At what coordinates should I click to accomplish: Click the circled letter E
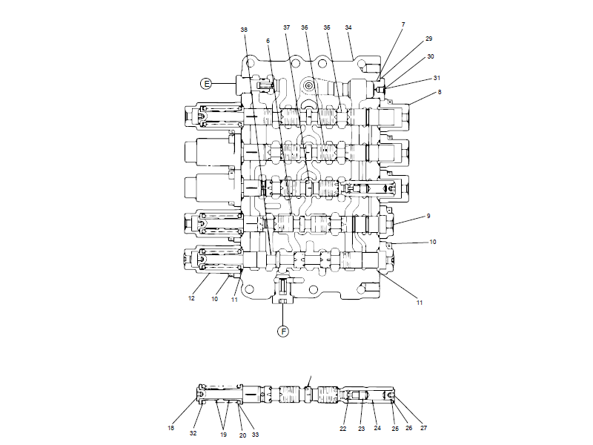[x=206, y=83]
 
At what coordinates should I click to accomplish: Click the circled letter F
[x=282, y=332]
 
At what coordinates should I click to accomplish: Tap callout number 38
[x=244, y=29]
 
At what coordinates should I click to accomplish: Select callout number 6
[x=268, y=41]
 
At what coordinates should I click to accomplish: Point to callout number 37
[x=287, y=27]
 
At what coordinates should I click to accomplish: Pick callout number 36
[x=305, y=27]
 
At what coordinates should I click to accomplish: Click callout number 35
[x=327, y=27]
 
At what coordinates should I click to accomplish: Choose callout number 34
[x=348, y=27]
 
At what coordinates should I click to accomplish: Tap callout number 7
[x=403, y=24]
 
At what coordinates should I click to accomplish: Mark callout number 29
[x=429, y=38]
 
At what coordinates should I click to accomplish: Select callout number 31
[x=437, y=78]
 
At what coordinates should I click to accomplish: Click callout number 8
[x=440, y=92]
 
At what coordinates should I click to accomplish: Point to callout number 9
[x=428, y=216]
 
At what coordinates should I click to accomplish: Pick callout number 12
[x=191, y=299]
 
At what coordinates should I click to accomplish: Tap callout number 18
[x=171, y=428]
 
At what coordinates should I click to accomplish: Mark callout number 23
[x=362, y=428]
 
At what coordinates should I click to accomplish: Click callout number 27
[x=423, y=428]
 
